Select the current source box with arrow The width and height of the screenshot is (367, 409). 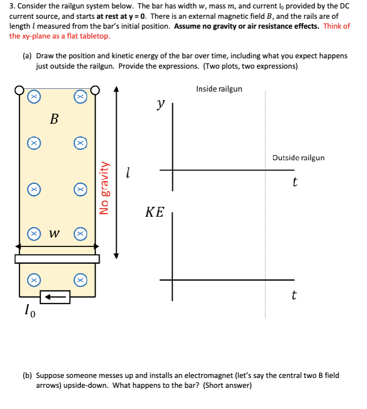(x=55, y=297)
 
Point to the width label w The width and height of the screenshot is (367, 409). (x=55, y=233)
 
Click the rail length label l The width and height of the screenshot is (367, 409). (x=128, y=173)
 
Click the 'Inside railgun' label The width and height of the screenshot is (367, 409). (x=219, y=89)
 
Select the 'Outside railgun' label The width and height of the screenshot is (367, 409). (x=298, y=158)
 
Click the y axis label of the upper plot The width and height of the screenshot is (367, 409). (x=161, y=104)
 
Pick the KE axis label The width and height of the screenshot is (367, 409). (x=154, y=212)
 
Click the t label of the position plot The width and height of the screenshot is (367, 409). (x=294, y=181)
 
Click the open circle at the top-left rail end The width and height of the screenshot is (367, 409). (x=19, y=89)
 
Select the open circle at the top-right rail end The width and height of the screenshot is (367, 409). (x=95, y=89)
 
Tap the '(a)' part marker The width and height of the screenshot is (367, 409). (x=28, y=56)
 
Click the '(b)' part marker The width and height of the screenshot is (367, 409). (x=28, y=376)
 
